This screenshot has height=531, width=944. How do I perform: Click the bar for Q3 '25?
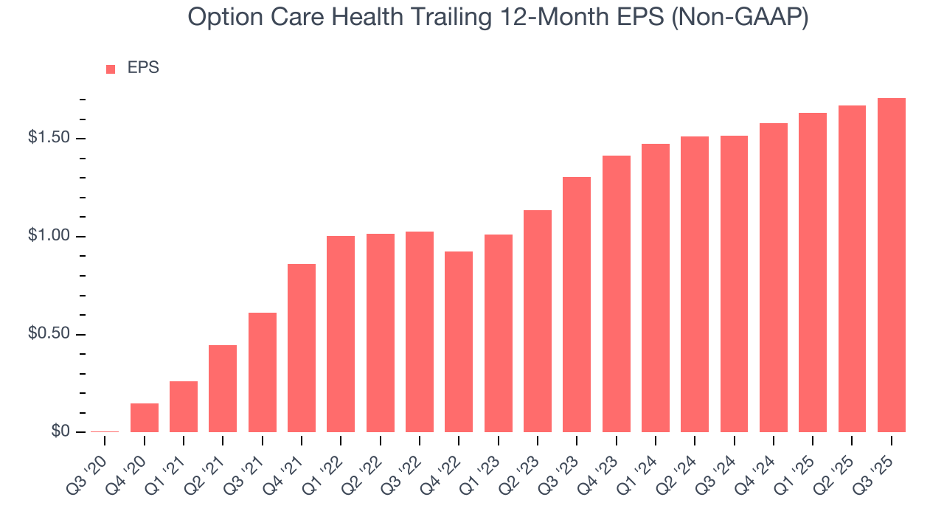(891, 265)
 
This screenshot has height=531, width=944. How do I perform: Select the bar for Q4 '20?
(145, 417)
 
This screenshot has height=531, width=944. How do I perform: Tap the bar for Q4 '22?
(459, 341)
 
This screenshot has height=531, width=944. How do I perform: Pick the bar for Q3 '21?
(263, 372)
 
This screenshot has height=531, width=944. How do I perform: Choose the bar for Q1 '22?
(341, 334)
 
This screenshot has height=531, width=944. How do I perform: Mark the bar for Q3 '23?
(577, 305)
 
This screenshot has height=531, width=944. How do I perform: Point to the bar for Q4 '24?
(773, 277)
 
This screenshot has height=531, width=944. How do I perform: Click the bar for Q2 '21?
(223, 389)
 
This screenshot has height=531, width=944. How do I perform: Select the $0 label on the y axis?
(60, 432)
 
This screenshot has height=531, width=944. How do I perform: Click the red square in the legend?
(111, 69)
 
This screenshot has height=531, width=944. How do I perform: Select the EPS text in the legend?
(143, 68)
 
